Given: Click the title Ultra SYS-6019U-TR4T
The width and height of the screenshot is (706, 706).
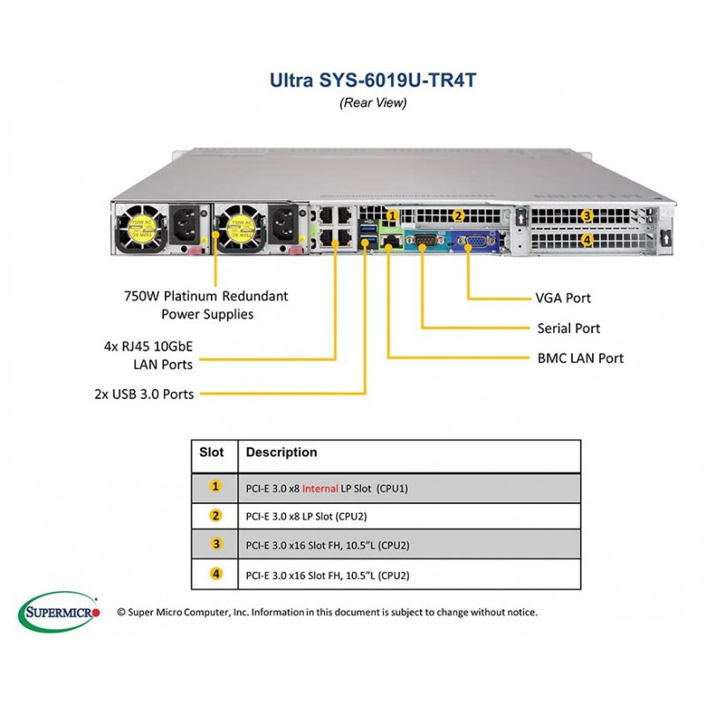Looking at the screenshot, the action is pyautogui.click(x=372, y=80).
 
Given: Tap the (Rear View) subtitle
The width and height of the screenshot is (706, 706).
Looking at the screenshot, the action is pyautogui.click(x=372, y=102).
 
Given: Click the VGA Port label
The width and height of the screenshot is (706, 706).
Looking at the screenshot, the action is pyautogui.click(x=563, y=298).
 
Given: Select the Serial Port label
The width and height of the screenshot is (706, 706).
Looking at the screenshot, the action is pyautogui.click(x=568, y=328).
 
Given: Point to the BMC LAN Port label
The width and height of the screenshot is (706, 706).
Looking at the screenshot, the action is pyautogui.click(x=581, y=358).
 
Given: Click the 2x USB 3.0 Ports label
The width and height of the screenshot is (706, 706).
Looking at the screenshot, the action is pyautogui.click(x=144, y=394).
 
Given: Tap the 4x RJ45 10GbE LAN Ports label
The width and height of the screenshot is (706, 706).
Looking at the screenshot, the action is pyautogui.click(x=148, y=356).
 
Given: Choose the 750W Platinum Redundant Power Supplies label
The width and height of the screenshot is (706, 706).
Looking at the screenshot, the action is pyautogui.click(x=207, y=304).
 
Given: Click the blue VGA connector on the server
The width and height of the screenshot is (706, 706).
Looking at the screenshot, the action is pyautogui.click(x=476, y=242).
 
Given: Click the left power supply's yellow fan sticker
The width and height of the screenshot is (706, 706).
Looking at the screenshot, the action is pyautogui.click(x=142, y=228).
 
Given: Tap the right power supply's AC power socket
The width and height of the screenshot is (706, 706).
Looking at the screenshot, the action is pyautogui.click(x=283, y=224).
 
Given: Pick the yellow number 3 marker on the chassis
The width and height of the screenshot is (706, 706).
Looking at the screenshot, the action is pyautogui.click(x=587, y=215).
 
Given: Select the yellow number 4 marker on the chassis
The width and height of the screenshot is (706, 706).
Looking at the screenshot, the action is pyautogui.click(x=587, y=240).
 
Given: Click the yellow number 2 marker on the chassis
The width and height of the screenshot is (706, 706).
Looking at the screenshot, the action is pyautogui.click(x=458, y=216).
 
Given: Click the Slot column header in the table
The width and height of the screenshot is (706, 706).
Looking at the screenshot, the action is pyautogui.click(x=212, y=452).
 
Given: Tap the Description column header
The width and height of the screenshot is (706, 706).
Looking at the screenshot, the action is pyautogui.click(x=282, y=452).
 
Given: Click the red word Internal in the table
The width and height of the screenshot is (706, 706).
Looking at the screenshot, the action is pyautogui.click(x=320, y=489).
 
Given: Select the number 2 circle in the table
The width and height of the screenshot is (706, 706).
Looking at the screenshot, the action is pyautogui.click(x=216, y=515).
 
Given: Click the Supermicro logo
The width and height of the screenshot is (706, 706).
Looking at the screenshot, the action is pyautogui.click(x=58, y=612).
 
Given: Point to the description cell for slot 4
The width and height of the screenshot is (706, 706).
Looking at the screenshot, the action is pyautogui.click(x=409, y=575).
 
